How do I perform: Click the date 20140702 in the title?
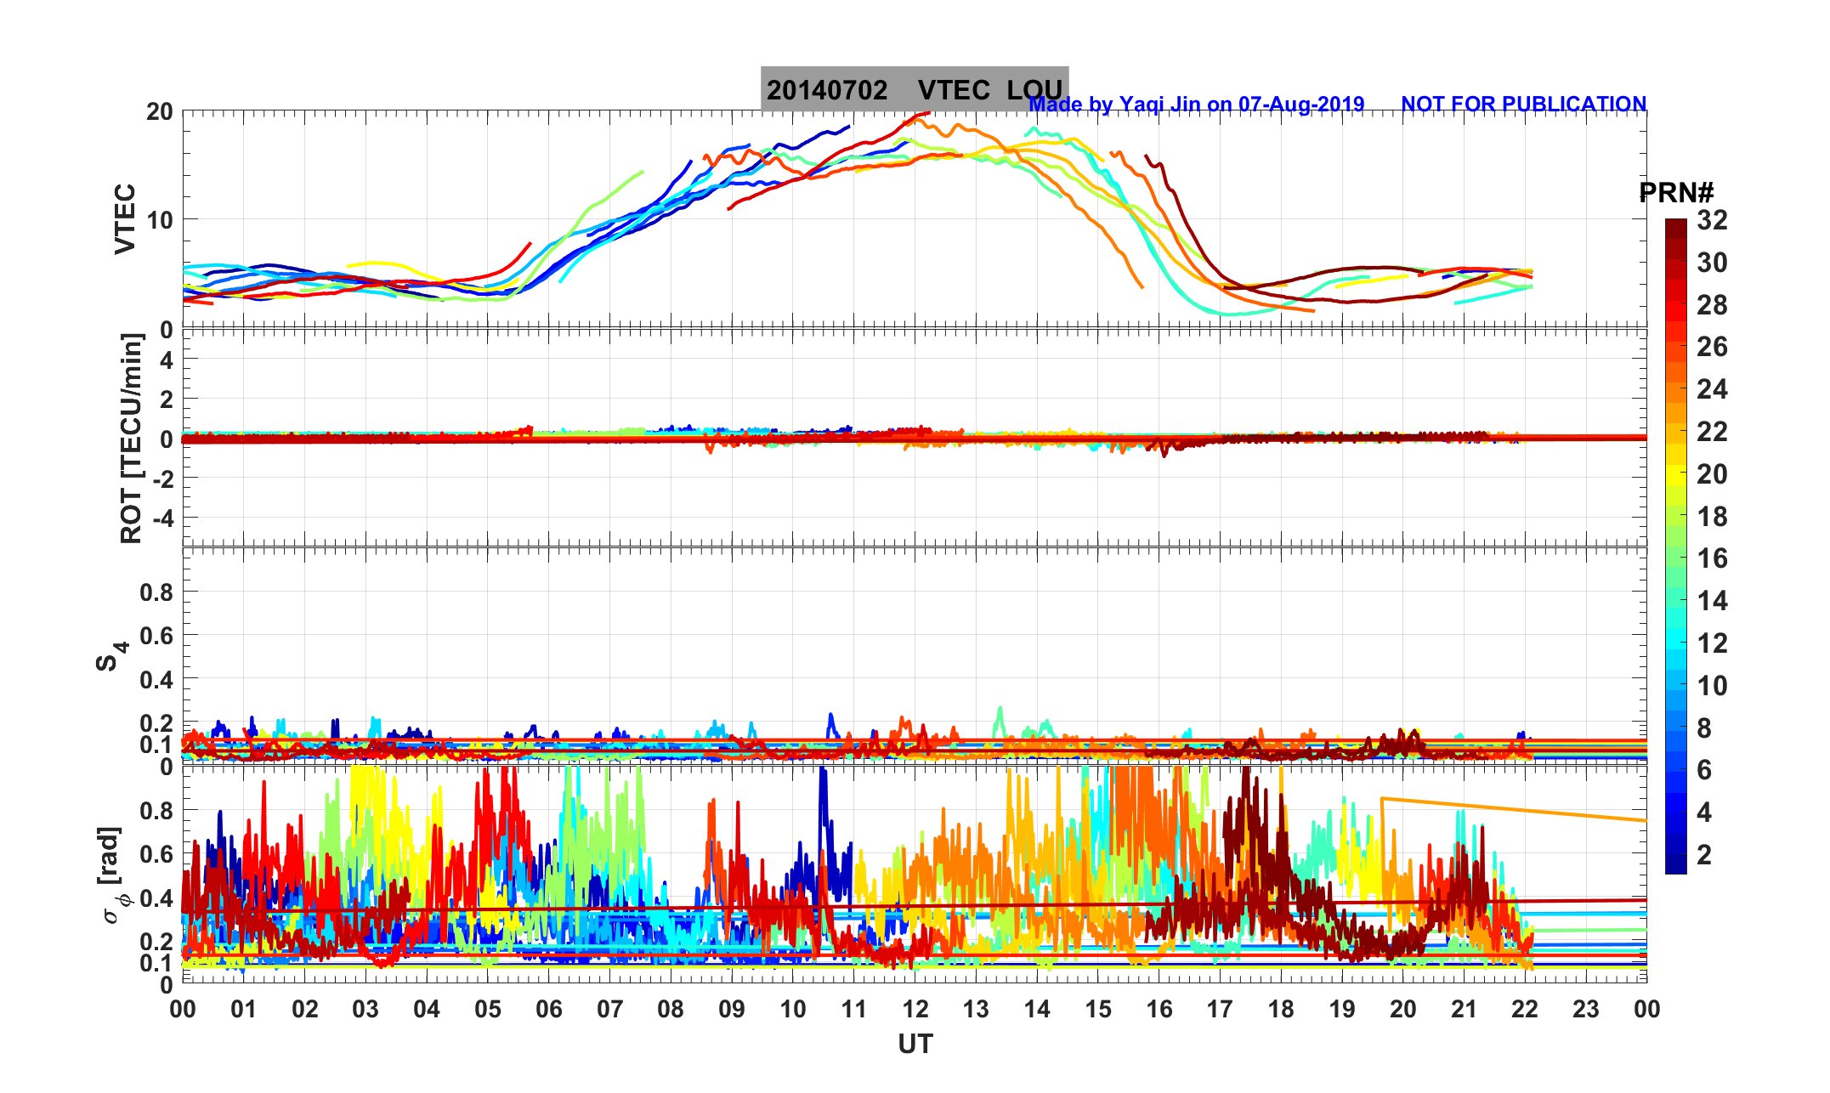point(827,90)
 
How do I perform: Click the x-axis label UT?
point(915,1045)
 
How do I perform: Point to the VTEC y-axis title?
point(126,218)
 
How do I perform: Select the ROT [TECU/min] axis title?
point(131,438)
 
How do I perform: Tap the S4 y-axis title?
point(110,655)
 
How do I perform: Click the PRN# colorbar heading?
point(1676,193)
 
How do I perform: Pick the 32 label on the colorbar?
point(1712,221)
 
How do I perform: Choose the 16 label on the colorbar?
point(1712,558)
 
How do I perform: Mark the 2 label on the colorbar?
point(1704,854)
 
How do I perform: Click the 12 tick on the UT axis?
point(915,1010)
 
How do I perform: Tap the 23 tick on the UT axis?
point(1586,1010)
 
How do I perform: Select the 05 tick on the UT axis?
point(488,1010)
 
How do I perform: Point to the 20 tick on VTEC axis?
point(159,111)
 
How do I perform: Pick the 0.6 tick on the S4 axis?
point(156,636)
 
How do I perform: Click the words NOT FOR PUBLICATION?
point(1523,105)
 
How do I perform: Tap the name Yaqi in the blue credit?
point(1143,105)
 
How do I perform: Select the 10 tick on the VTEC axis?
point(159,220)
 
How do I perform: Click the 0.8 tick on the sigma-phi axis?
point(156,811)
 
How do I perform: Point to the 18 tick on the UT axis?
point(1281,1010)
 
